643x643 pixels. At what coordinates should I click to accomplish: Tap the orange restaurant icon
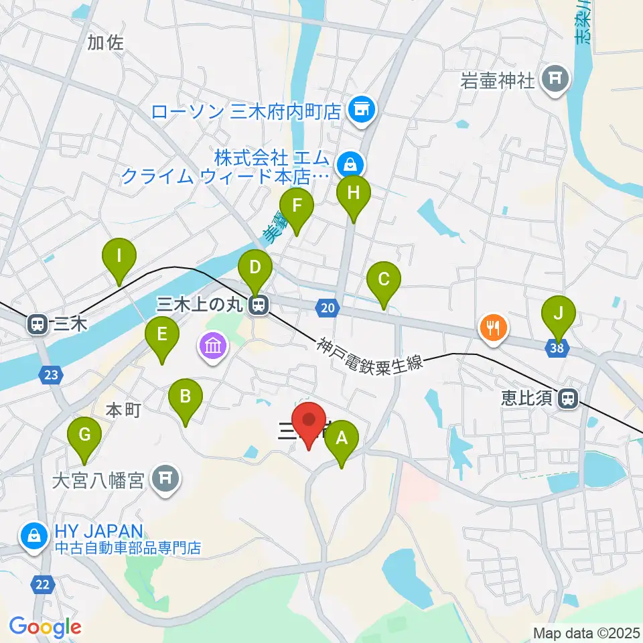point(494,328)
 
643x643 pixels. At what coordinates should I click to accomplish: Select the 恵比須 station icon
point(567,399)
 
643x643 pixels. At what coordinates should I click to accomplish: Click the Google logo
point(45,628)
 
